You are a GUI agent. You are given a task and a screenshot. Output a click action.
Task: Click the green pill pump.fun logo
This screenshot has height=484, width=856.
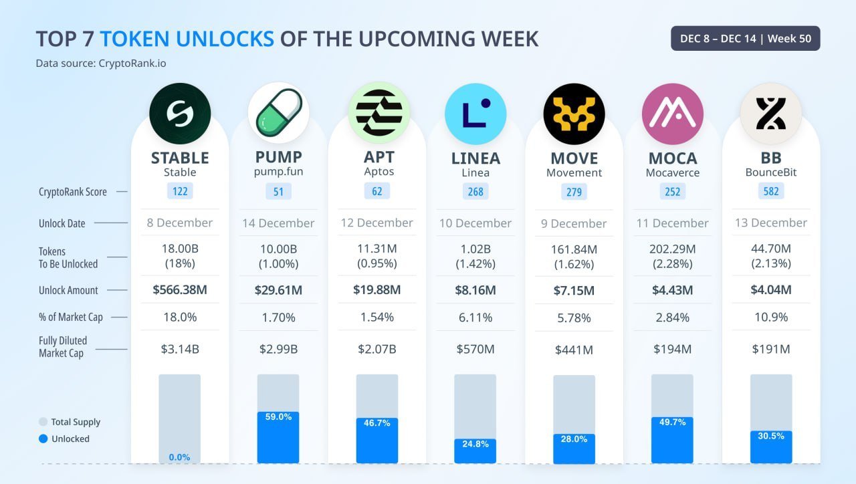(278, 113)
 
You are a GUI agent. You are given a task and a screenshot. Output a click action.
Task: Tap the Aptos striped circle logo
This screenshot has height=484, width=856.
(379, 113)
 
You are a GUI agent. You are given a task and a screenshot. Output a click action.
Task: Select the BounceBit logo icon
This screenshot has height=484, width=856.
(770, 113)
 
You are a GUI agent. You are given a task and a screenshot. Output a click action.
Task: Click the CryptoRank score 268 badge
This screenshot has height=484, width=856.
(475, 192)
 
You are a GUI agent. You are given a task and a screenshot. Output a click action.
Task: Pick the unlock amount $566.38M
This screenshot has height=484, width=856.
(180, 290)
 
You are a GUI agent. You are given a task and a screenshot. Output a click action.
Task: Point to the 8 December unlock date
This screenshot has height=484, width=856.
(180, 223)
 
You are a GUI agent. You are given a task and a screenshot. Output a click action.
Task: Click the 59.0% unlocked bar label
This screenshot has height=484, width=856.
(278, 416)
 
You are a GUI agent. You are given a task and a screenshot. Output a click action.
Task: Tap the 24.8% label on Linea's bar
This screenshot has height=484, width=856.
(475, 443)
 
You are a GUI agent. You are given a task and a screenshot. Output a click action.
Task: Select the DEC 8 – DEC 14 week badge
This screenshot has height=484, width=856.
(745, 39)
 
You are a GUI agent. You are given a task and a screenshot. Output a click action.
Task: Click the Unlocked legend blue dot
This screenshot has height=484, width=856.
(43, 439)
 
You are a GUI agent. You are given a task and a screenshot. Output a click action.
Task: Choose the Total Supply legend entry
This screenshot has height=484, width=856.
(70, 422)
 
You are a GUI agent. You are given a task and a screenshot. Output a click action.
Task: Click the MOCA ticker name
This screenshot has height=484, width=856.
(672, 158)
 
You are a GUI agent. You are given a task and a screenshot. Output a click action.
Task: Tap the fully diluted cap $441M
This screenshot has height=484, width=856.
(574, 350)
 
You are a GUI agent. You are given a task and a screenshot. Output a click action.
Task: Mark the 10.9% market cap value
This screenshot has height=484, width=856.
(770, 317)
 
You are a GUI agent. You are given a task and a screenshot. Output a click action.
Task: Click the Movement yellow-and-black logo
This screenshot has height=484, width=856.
(574, 113)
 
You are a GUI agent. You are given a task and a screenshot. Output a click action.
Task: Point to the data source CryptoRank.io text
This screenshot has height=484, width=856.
(101, 64)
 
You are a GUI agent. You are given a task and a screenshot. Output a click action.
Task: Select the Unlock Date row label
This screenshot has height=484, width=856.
(62, 223)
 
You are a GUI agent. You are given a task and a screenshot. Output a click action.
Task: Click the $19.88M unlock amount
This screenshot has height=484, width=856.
(377, 290)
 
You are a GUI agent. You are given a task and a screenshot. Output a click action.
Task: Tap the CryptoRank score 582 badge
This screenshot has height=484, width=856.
(770, 192)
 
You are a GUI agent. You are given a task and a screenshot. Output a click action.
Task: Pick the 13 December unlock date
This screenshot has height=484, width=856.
(770, 223)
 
